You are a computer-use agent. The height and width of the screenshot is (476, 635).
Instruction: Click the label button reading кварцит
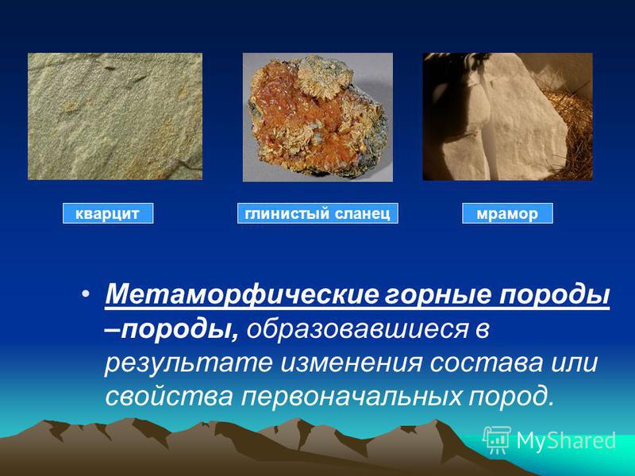tap(108, 213)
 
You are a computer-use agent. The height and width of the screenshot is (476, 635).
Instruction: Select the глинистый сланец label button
tap(317, 213)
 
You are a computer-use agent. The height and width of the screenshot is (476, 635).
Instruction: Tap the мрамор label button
tap(507, 213)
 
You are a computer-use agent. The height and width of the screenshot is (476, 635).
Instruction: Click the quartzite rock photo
tap(115, 117)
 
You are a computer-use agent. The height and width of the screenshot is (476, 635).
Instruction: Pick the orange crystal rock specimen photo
tap(317, 117)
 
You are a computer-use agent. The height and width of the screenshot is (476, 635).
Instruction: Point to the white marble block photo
tap(507, 117)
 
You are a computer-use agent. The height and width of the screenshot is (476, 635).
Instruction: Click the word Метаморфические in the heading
tap(241, 294)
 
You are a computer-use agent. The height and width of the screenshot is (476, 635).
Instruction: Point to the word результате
tap(188, 363)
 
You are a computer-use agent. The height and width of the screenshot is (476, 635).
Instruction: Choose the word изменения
tap(351, 363)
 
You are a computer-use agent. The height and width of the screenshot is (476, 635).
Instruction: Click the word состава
tap(486, 363)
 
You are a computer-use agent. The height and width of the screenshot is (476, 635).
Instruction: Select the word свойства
tap(169, 396)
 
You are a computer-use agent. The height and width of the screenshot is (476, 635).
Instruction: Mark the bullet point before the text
tap(85, 294)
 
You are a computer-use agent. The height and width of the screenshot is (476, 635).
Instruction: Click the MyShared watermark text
tap(566, 440)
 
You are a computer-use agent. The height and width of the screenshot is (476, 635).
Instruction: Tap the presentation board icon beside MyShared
tap(497, 440)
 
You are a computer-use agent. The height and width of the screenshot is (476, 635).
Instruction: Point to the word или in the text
tap(573, 363)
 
